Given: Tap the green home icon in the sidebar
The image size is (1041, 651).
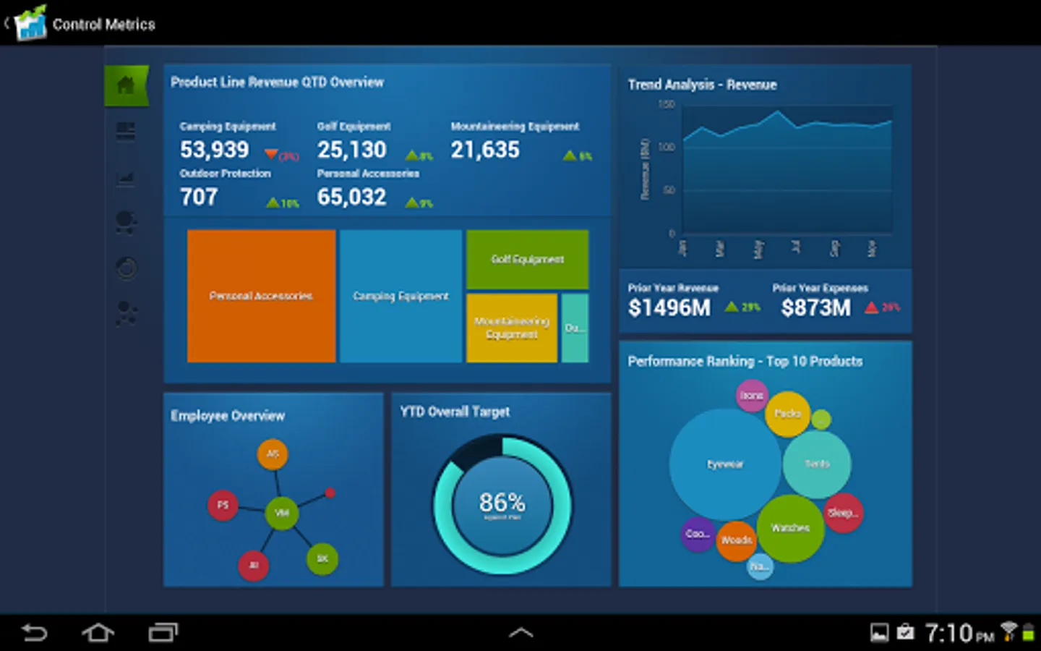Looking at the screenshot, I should (x=126, y=85).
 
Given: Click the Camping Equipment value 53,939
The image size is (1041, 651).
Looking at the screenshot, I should (x=214, y=150).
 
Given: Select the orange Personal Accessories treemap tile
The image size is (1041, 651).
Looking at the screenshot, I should (x=261, y=296).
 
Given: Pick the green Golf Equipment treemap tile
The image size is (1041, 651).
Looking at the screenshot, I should (x=527, y=259).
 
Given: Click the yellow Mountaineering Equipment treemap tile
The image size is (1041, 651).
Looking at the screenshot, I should (x=511, y=328).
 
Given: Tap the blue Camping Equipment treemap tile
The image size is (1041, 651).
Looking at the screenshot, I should (x=400, y=296).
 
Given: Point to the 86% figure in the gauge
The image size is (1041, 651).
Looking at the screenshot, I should (x=502, y=502).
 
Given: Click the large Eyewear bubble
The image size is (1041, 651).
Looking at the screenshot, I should (x=724, y=464).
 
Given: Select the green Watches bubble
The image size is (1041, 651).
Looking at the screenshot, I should (x=790, y=528).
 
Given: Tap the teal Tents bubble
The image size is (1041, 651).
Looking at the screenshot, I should (x=817, y=464).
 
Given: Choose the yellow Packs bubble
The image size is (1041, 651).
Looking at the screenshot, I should (x=787, y=414).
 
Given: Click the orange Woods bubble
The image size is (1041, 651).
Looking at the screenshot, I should (x=736, y=540).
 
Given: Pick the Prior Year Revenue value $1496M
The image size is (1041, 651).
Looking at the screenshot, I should (x=669, y=308).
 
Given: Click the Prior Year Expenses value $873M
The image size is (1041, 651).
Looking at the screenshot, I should (x=815, y=308).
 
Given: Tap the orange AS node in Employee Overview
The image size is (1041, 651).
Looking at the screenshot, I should (x=273, y=454).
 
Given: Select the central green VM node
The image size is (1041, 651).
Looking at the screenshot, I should (x=282, y=513).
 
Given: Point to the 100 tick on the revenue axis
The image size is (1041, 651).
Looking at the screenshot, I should (x=666, y=148).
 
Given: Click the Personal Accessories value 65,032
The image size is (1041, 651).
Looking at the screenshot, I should (x=351, y=197).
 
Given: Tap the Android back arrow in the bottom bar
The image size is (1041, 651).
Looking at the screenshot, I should (x=34, y=633).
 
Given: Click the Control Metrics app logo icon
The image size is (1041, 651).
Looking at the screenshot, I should (x=30, y=24).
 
